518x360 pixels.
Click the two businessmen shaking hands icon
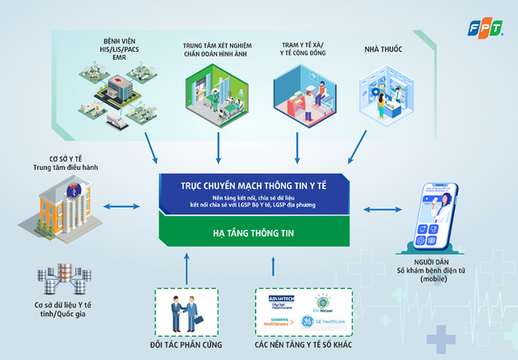186,312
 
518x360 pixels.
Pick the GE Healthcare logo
325,321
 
